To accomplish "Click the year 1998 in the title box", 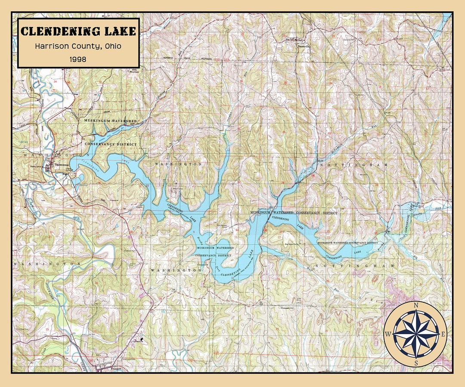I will (x=78, y=59).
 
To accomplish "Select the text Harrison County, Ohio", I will (x=78, y=46).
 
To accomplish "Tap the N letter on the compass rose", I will (x=416, y=306).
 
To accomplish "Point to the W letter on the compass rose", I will (x=388, y=334).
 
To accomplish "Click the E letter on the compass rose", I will (x=444, y=334).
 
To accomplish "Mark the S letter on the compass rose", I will (x=416, y=362).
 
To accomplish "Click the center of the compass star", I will (x=416, y=334).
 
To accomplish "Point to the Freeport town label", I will (x=116, y=369).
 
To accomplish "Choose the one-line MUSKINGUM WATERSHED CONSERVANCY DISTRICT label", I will (x=294, y=213).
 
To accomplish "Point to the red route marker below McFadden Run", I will (x=313, y=176).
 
